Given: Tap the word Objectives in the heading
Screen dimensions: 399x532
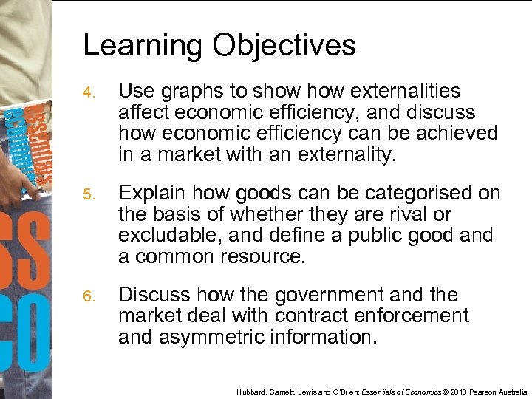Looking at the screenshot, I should click(x=284, y=47).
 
